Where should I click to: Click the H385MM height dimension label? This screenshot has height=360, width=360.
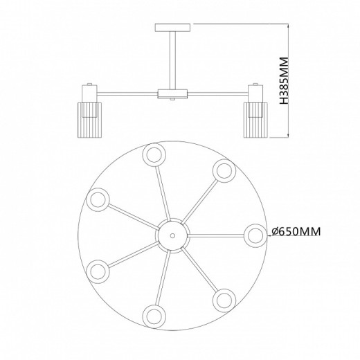284,80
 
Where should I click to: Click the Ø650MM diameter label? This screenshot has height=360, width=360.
296,231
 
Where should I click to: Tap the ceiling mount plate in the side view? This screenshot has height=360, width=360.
172,28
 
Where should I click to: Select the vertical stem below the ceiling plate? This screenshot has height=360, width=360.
172,60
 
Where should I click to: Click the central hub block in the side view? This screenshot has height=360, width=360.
172,93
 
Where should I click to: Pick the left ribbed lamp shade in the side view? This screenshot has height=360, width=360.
89,120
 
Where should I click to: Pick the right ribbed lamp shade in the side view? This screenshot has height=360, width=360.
255,120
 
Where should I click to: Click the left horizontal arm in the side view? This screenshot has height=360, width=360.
127,93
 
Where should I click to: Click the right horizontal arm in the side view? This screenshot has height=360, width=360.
217,93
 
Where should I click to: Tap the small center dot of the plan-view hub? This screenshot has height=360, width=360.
172,235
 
